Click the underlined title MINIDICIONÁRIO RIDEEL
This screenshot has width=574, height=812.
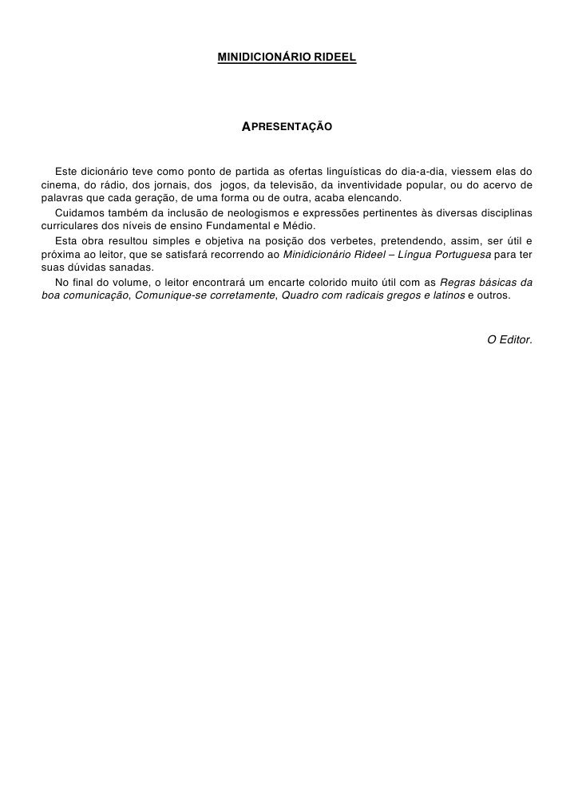click(x=287, y=58)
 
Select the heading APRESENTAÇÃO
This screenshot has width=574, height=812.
click(x=287, y=127)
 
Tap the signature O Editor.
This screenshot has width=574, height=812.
click(x=509, y=340)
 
